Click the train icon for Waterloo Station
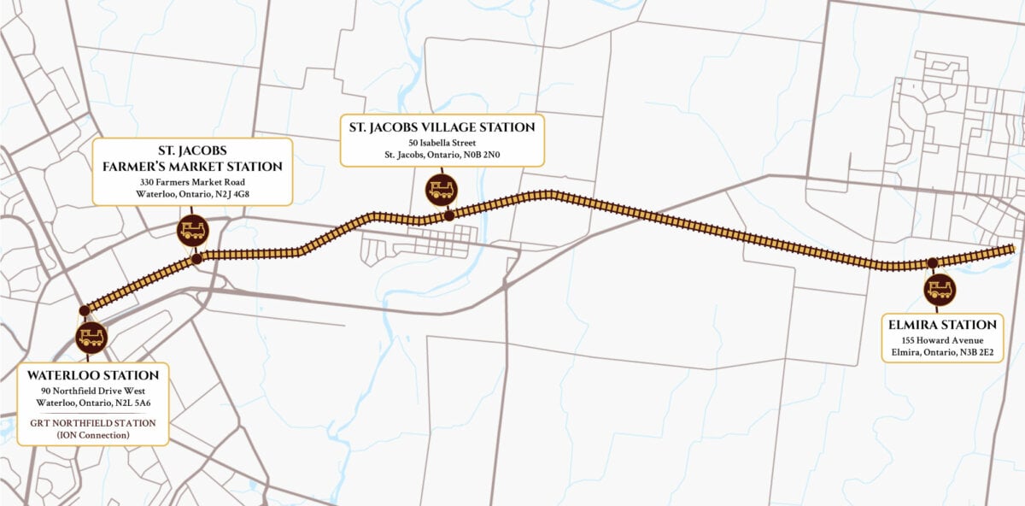[x=91, y=337]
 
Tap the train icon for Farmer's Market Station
[x=191, y=229]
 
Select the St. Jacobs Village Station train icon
[x=440, y=189]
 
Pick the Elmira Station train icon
[x=939, y=289]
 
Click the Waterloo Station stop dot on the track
[x=84, y=310]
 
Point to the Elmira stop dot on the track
[x=933, y=262]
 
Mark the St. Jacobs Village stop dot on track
[x=449, y=216]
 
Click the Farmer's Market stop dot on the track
[x=197, y=258]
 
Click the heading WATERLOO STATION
[x=93, y=375]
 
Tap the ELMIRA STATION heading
[x=942, y=325]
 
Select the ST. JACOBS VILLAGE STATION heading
[x=442, y=127]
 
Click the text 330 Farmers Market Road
[x=192, y=182]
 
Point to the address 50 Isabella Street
[x=442, y=142]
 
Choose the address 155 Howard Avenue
[x=941, y=339]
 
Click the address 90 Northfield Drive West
[x=93, y=391]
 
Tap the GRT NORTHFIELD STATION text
[x=92, y=422]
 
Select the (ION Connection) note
[x=92, y=435]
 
